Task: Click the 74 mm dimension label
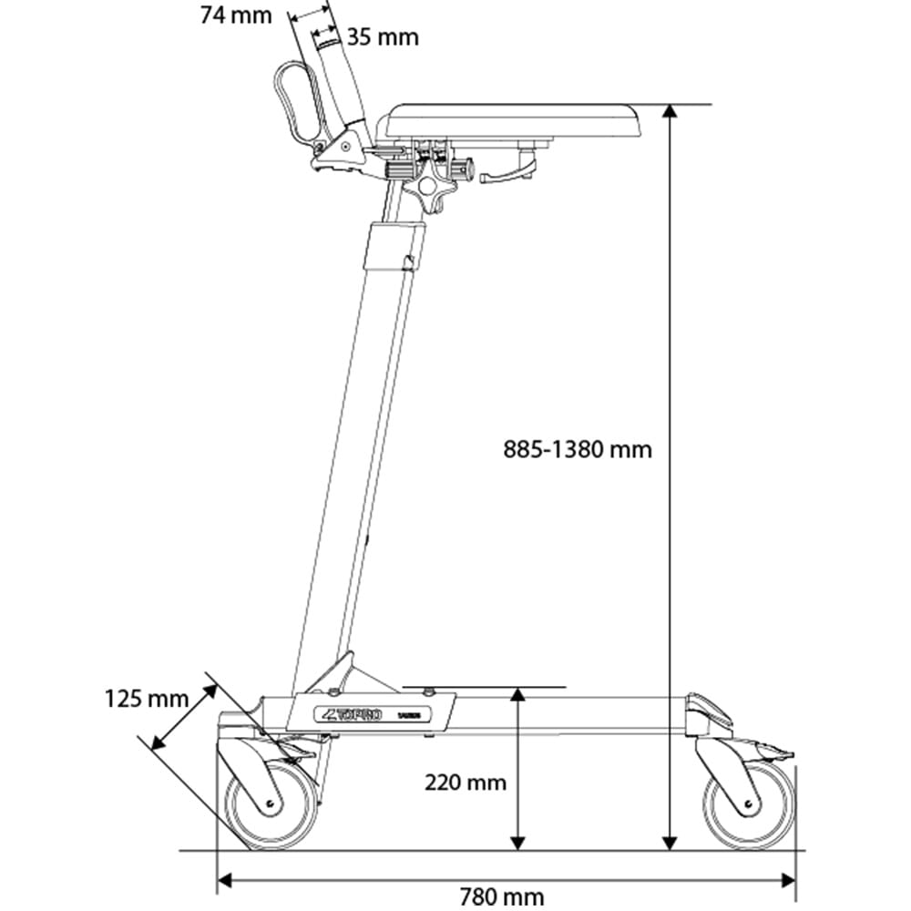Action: click(x=235, y=15)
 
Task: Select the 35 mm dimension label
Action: click(x=383, y=37)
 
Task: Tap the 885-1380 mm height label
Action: click(x=578, y=448)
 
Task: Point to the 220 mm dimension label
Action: click(x=465, y=782)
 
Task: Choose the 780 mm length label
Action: click(x=503, y=897)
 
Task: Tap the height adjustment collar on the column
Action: click(x=394, y=246)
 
